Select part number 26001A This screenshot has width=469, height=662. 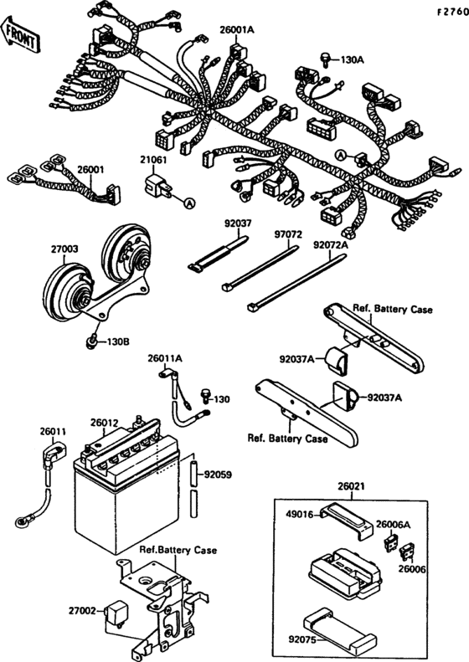[x=237, y=30]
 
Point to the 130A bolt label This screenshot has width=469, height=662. [x=353, y=60]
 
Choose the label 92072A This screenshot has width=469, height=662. [x=330, y=245]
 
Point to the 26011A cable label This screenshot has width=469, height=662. [x=165, y=358]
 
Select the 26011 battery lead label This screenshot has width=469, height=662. [x=52, y=433]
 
